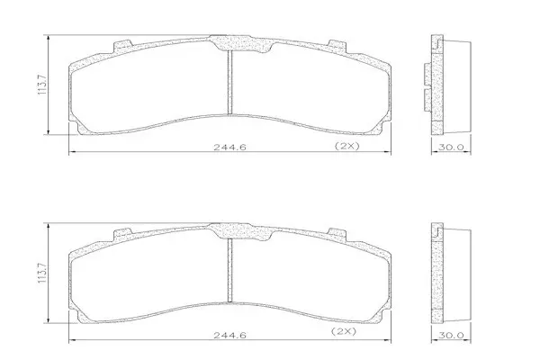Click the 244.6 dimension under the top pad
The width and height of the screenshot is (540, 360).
click(229, 147)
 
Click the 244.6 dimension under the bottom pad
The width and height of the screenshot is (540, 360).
click(229, 335)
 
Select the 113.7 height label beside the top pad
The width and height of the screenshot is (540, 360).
click(42, 85)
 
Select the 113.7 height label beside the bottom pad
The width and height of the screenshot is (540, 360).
click(42, 273)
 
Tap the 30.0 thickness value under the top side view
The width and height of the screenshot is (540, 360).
click(451, 147)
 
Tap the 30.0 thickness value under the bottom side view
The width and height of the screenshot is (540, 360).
click(451, 335)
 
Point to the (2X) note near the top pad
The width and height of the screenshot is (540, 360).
click(347, 146)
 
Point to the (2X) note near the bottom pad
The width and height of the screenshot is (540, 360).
click(344, 331)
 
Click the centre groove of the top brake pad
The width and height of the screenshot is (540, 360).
click(230, 82)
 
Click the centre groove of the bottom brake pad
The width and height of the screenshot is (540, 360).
click(230, 270)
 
